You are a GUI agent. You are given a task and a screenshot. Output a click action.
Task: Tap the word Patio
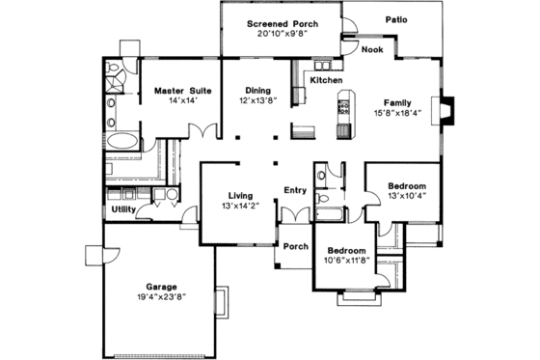(x=396, y=18)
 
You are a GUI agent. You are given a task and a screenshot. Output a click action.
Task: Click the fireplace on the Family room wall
(x=445, y=108)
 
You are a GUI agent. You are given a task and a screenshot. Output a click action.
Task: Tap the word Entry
(x=294, y=190)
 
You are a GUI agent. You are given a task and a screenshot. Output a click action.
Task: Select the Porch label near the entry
(x=295, y=246)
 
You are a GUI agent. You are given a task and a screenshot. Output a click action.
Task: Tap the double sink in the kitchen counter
(x=325, y=79)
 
